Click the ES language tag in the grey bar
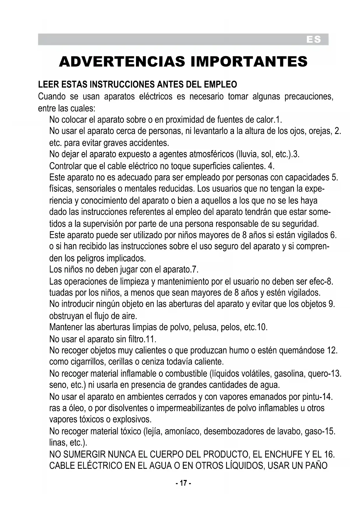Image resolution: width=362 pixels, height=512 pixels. tap(314, 40)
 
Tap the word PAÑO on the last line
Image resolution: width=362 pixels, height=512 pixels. tap(316, 466)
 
